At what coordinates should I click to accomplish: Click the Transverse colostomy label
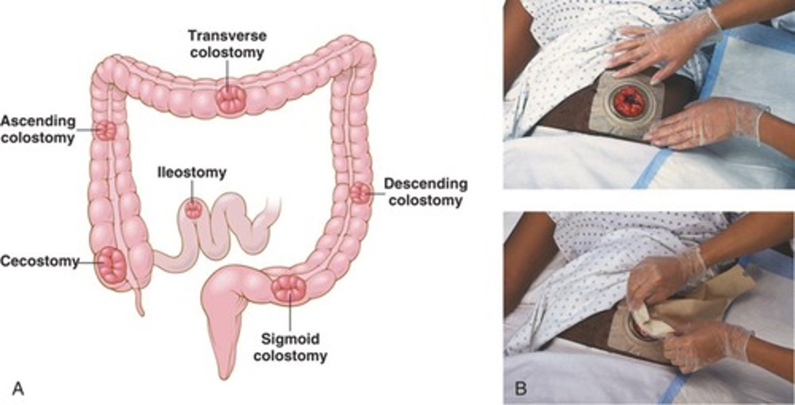coord(227,44)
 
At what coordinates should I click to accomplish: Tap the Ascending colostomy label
coord(38,130)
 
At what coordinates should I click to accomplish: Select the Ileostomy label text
coord(192,173)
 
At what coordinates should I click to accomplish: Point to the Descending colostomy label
coord(426,192)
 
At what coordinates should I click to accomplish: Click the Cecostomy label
coord(39,262)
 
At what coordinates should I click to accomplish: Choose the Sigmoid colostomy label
coord(290,347)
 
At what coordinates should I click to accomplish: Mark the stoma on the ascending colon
coord(106,131)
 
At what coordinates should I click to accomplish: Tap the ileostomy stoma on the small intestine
coord(194,210)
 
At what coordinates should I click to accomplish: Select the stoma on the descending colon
coord(361,193)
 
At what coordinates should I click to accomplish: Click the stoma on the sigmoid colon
coord(289,288)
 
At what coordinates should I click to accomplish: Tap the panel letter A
coord(18,389)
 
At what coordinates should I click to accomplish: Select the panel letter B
coord(520,388)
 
